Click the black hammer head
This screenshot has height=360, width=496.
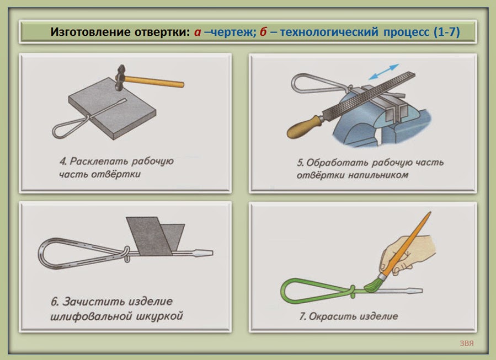point(120,77)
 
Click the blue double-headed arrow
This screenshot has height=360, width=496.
point(384,72)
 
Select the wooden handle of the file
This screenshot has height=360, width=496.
point(305,126)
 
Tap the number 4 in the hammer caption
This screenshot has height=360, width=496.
point(63,162)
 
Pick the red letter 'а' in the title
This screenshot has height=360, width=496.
point(198,33)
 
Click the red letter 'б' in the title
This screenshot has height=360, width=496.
point(263,32)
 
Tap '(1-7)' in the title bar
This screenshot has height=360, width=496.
point(447,32)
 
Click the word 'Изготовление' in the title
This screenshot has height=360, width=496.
point(90,32)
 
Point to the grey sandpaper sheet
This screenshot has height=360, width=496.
point(155,236)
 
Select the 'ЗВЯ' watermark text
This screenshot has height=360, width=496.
point(467,343)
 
